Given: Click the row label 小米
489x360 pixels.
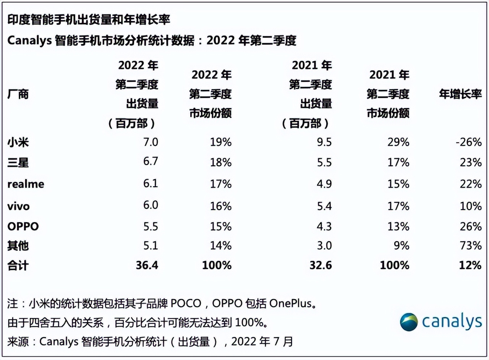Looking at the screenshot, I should (18, 143).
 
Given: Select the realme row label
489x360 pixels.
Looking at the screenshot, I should (26, 184).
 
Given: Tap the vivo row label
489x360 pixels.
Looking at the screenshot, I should (18, 206).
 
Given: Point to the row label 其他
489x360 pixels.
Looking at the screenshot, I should (18, 245).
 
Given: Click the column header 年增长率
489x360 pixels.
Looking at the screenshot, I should (460, 94).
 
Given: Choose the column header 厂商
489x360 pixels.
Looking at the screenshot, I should (18, 94).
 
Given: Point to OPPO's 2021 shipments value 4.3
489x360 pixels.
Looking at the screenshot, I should (324, 226).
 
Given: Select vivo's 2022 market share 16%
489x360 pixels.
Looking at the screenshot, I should (220, 206).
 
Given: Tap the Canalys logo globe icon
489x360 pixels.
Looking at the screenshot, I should (409, 322).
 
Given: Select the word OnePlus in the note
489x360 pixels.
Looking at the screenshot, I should (292, 304).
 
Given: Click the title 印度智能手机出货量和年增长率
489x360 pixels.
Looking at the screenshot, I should (89, 20).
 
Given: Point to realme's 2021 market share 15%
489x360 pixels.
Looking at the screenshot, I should (398, 184).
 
